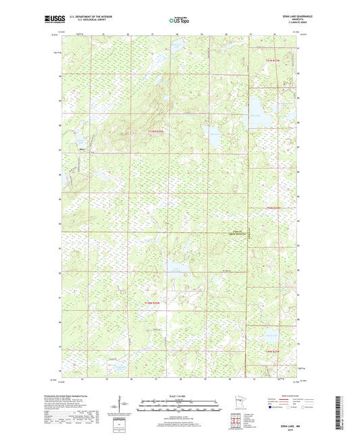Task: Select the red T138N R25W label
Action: (155, 303)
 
